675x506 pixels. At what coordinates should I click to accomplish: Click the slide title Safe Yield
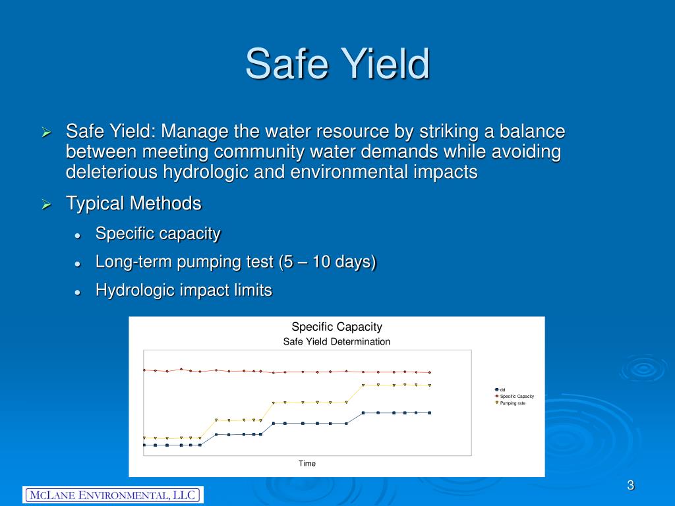pos(337,64)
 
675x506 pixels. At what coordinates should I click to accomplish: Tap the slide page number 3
pos(630,486)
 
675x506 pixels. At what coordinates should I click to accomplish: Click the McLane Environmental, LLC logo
pos(113,495)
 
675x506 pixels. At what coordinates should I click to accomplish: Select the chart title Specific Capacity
pos(336,327)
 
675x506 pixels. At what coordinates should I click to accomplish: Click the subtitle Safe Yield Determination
pos(336,342)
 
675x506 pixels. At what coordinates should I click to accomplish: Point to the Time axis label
pos(307,464)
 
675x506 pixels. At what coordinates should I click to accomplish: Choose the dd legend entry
pos(502,389)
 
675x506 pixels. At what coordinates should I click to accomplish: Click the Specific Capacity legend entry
pos(516,396)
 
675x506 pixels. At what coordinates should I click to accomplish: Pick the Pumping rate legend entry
pos(512,403)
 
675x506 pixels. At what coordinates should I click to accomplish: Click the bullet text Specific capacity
pos(158,233)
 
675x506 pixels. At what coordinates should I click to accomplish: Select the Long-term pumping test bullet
pos(235,262)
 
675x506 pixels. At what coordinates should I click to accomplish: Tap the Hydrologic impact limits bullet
pos(183,290)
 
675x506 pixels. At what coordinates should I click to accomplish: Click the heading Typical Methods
pos(133,204)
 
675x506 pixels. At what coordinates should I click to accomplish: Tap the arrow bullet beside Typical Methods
pos(46,205)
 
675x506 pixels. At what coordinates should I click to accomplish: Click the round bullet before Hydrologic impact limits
pos(78,291)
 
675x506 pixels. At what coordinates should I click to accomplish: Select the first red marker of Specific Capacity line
pos(144,370)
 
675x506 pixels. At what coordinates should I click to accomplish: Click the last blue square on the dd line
pos(429,412)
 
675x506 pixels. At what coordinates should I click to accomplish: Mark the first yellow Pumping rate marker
pos(144,437)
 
